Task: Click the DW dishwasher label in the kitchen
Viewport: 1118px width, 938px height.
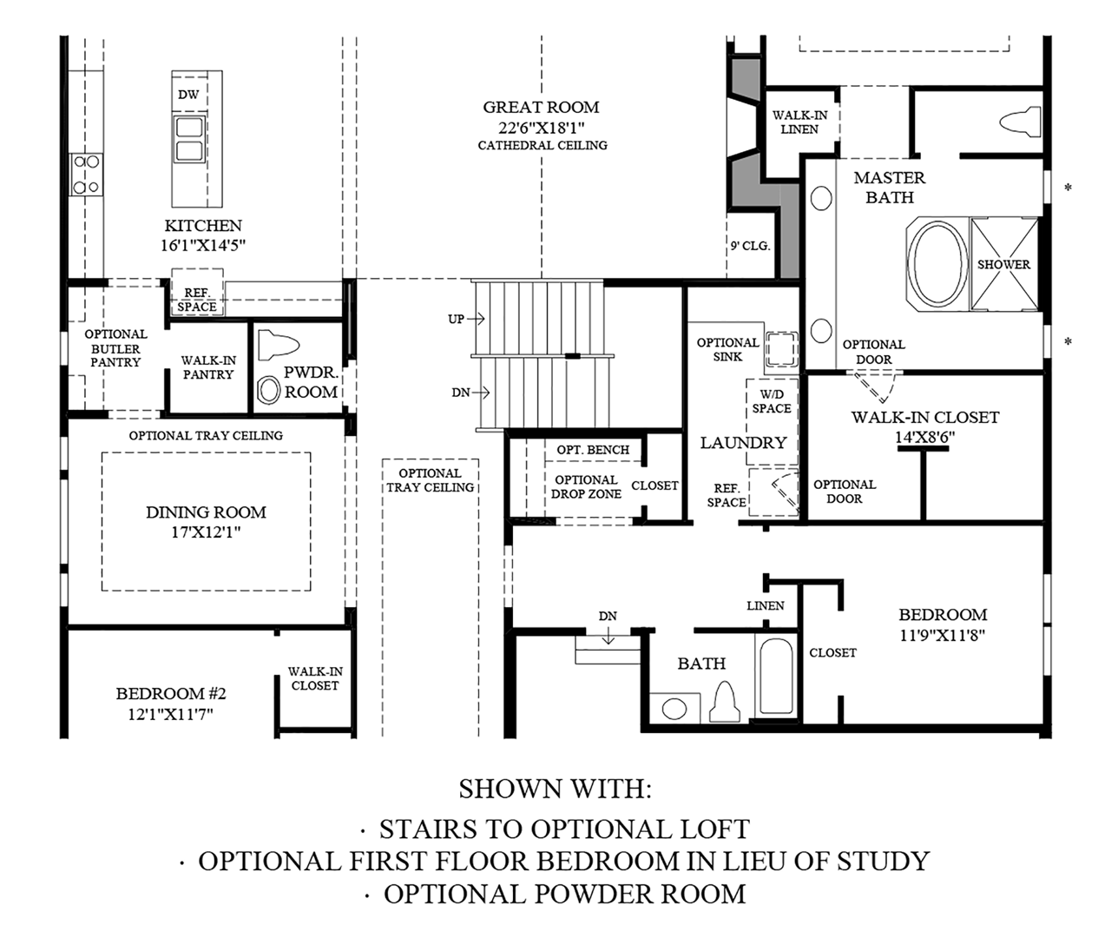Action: tap(188, 95)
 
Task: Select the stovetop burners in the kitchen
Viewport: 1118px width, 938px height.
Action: tap(86, 174)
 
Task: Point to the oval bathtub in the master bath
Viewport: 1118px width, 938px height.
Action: tap(937, 263)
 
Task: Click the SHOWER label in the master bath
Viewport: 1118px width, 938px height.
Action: tap(1003, 264)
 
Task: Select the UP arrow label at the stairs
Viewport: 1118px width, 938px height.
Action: tap(457, 319)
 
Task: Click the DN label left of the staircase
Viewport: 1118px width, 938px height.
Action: tap(460, 393)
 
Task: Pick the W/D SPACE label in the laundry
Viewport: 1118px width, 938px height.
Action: tap(771, 401)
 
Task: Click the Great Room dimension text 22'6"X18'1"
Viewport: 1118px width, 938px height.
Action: tap(541, 127)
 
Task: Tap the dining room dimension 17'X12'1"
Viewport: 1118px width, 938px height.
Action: tap(206, 532)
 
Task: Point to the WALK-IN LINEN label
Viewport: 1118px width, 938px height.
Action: tap(799, 122)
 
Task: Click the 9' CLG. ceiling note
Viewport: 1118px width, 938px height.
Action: tap(750, 246)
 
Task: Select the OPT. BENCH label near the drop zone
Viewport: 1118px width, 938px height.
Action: tap(593, 450)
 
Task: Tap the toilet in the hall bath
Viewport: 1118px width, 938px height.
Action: tap(725, 696)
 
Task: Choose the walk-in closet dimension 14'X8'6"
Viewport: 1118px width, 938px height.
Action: tap(924, 437)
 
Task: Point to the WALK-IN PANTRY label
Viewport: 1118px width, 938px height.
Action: tap(207, 367)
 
